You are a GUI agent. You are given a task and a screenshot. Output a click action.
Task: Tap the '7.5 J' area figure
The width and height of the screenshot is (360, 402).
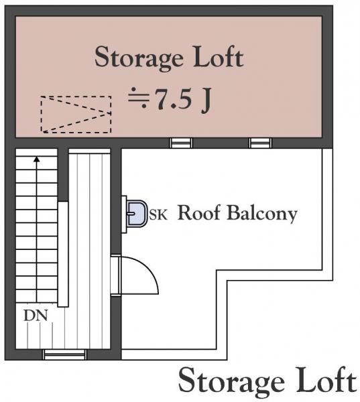click(183, 99)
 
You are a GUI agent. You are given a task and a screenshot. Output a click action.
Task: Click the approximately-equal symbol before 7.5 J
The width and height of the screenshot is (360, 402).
click(139, 98)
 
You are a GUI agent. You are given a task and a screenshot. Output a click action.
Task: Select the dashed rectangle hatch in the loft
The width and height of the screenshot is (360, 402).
click(76, 115)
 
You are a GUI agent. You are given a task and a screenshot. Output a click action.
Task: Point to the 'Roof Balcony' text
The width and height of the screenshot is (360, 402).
click(237, 213)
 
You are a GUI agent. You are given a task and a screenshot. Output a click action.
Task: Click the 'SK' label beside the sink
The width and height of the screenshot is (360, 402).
click(158, 214)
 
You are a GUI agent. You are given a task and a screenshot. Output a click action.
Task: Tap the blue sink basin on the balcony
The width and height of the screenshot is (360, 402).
click(137, 214)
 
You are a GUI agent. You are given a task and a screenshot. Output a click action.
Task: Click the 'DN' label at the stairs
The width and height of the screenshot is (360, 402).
click(36, 316)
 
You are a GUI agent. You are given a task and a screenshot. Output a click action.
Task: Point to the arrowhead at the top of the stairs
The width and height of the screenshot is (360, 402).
click(37, 159)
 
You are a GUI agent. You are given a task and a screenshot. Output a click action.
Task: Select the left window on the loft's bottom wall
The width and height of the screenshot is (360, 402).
click(181, 143)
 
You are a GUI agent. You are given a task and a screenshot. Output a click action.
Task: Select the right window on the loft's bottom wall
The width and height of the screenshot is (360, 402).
click(260, 143)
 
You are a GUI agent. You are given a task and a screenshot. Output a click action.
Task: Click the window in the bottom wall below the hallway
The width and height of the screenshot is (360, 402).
click(64, 354)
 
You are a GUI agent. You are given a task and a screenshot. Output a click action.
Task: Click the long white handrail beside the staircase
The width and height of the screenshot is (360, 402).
click(63, 254)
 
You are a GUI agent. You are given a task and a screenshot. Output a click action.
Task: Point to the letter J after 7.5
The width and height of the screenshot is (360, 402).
click(206, 100)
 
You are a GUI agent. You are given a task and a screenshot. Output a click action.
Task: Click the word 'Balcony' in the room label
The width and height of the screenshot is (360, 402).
click(262, 213)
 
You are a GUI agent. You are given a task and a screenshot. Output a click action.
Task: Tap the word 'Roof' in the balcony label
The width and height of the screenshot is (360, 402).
click(199, 212)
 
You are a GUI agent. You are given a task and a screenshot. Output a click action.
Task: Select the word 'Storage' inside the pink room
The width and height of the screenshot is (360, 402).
click(139, 59)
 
